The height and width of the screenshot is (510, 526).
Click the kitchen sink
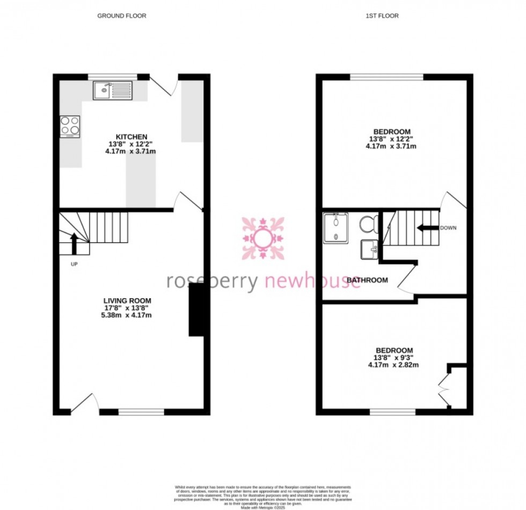tap(112, 90)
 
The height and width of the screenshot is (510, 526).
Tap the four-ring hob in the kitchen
tap(70, 126)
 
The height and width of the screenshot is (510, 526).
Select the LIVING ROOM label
tap(127, 301)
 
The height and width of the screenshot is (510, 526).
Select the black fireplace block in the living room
tap(196, 309)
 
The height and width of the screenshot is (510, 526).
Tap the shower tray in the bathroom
tap(337, 227)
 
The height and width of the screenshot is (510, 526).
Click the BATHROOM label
tap(367, 280)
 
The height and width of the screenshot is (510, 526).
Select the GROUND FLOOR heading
tap(121, 16)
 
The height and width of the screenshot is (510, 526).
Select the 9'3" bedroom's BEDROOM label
tap(393, 350)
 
